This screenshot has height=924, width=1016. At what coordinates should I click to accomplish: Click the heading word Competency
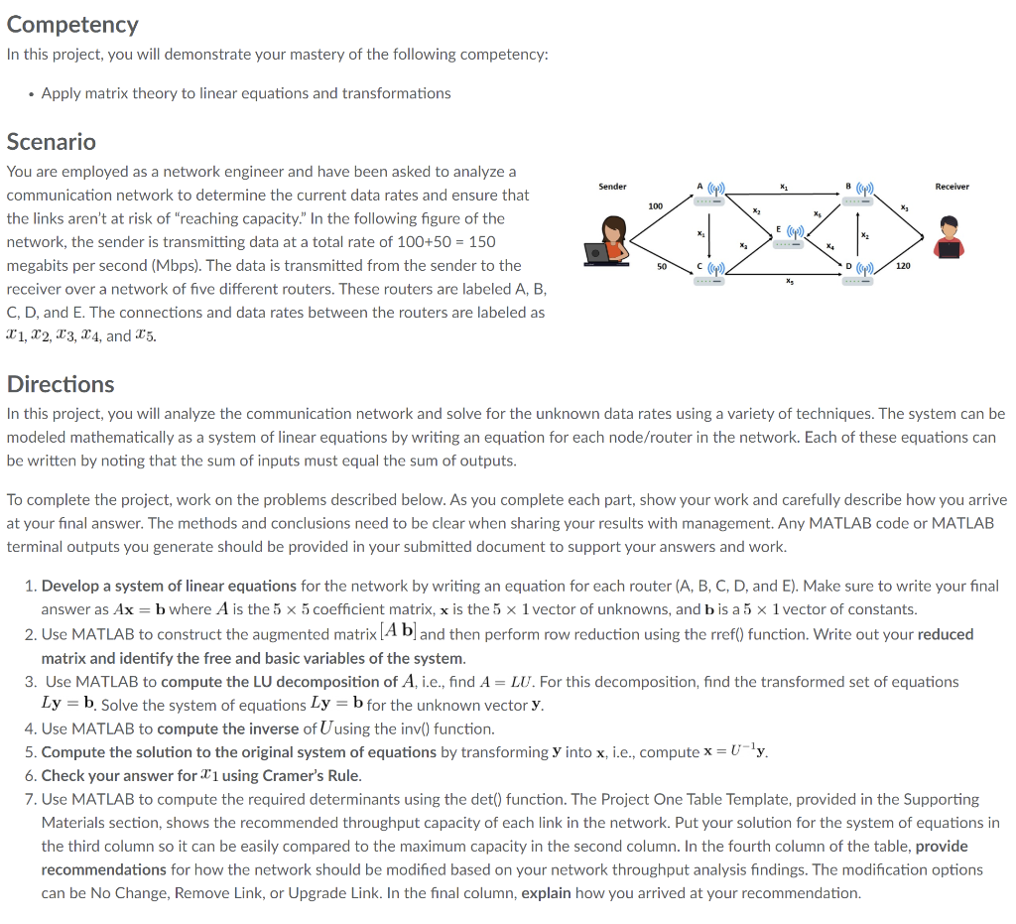coord(72,24)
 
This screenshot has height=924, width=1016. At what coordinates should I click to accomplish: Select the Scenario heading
coord(52,141)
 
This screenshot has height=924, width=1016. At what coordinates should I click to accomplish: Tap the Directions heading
coord(61,384)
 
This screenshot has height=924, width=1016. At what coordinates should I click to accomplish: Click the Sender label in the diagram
coord(612,187)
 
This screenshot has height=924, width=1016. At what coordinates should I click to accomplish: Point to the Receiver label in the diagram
coord(952,187)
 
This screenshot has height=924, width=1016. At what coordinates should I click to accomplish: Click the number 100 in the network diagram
coord(655,206)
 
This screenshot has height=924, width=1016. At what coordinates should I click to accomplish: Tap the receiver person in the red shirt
coord(949,238)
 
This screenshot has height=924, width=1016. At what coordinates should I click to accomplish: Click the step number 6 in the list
coord(31,775)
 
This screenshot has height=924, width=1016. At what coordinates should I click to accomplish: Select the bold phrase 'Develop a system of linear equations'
coord(169,586)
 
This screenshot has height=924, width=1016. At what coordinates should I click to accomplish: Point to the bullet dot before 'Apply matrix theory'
coord(32,94)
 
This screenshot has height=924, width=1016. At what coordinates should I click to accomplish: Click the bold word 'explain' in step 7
coord(546,892)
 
